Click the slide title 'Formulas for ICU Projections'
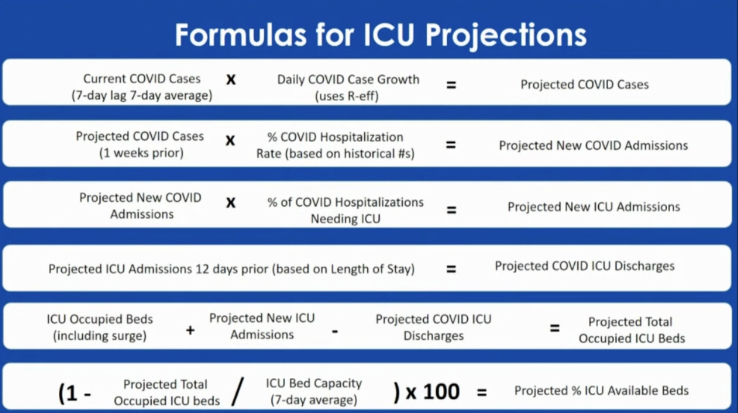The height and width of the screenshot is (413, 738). pos(380,35)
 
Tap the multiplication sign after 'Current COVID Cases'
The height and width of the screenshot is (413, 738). pos(231,80)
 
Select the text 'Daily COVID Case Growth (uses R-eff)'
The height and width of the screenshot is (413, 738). pos(348,87)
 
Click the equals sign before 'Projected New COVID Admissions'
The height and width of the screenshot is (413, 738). pos(451,145)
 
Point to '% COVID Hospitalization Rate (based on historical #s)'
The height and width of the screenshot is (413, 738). pos(336,145)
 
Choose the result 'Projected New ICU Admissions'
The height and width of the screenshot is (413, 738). pos(594,207)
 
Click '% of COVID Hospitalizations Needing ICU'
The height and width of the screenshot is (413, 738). pos(346,210)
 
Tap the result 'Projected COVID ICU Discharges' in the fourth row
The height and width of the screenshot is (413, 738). pos(585,266)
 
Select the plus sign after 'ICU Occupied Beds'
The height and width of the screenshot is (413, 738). pos(190,330)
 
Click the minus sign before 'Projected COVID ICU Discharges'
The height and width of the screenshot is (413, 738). pos(334,331)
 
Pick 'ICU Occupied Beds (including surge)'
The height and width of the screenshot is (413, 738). pos(100,327)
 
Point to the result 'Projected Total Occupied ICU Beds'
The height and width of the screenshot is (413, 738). pos(631,330)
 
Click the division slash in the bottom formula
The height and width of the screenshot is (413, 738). pos(237,392)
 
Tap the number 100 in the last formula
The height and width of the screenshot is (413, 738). pos(441,392)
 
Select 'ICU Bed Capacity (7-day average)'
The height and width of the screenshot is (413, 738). pos(314,392)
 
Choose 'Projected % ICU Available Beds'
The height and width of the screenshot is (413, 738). pos(602,391)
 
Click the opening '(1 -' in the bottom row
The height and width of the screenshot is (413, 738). pos(75,393)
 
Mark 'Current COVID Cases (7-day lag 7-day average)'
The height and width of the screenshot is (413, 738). pos(142,87)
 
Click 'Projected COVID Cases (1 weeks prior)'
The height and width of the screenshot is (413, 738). pos(140,145)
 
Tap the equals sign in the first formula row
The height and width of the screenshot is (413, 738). pos(451,85)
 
